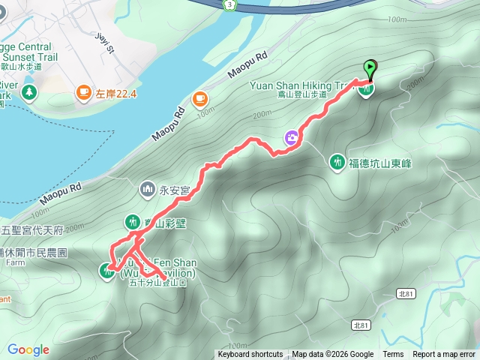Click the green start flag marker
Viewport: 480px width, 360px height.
point(370,68)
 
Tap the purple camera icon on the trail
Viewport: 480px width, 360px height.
point(290,137)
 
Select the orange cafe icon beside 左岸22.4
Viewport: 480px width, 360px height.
point(82,93)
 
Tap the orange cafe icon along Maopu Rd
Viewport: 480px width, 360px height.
point(199,98)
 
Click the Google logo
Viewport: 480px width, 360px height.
point(28,349)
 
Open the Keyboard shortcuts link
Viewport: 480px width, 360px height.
point(250,355)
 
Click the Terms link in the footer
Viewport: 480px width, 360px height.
point(393,355)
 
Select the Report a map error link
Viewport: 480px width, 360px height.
point(444,355)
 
